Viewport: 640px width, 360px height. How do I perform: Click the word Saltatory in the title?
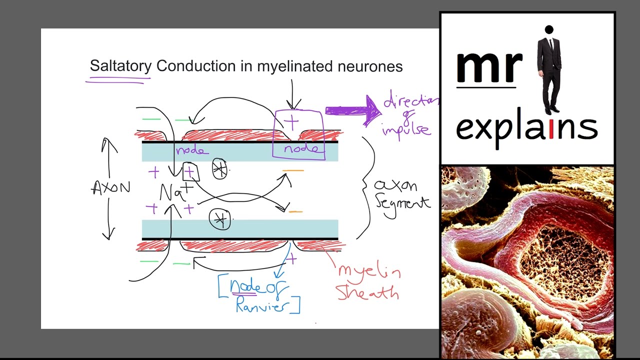pyautogui.click(x=120, y=66)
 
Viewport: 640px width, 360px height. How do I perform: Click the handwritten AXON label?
pyautogui.click(x=110, y=188)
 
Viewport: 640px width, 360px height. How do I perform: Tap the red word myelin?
pyautogui.click(x=369, y=271)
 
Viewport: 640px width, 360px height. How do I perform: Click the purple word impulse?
pyautogui.click(x=405, y=129)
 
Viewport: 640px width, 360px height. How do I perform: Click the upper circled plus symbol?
pyautogui.click(x=219, y=169)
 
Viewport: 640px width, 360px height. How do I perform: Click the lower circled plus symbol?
pyautogui.click(x=220, y=219)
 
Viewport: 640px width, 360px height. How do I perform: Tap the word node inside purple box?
pyautogui.click(x=300, y=149)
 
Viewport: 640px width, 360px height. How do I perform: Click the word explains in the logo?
pyautogui.click(x=526, y=128)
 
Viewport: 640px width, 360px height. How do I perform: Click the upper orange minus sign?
pyautogui.click(x=293, y=171)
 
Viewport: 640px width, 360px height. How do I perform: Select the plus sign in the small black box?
pyautogui.click(x=189, y=172)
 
